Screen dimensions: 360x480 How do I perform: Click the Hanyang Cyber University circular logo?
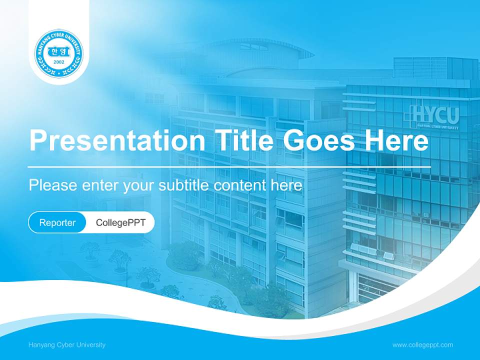click(x=59, y=53)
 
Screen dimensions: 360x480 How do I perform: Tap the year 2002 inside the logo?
click(x=59, y=62)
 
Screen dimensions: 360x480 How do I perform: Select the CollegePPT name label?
click(x=120, y=222)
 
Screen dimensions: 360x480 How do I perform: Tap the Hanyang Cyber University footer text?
click(x=67, y=344)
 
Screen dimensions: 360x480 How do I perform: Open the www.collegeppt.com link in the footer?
click(x=422, y=344)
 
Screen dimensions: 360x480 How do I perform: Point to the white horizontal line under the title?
click(x=229, y=166)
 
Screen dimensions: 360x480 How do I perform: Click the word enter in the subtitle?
click(x=97, y=185)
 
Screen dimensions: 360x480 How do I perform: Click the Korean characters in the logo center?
click(x=59, y=51)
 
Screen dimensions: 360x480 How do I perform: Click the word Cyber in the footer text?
click(x=64, y=344)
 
